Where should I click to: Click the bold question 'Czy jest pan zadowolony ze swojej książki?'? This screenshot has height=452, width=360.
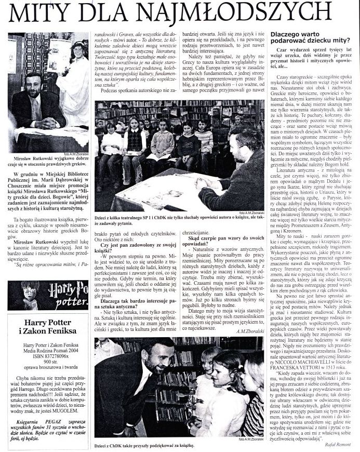tap(136, 248)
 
